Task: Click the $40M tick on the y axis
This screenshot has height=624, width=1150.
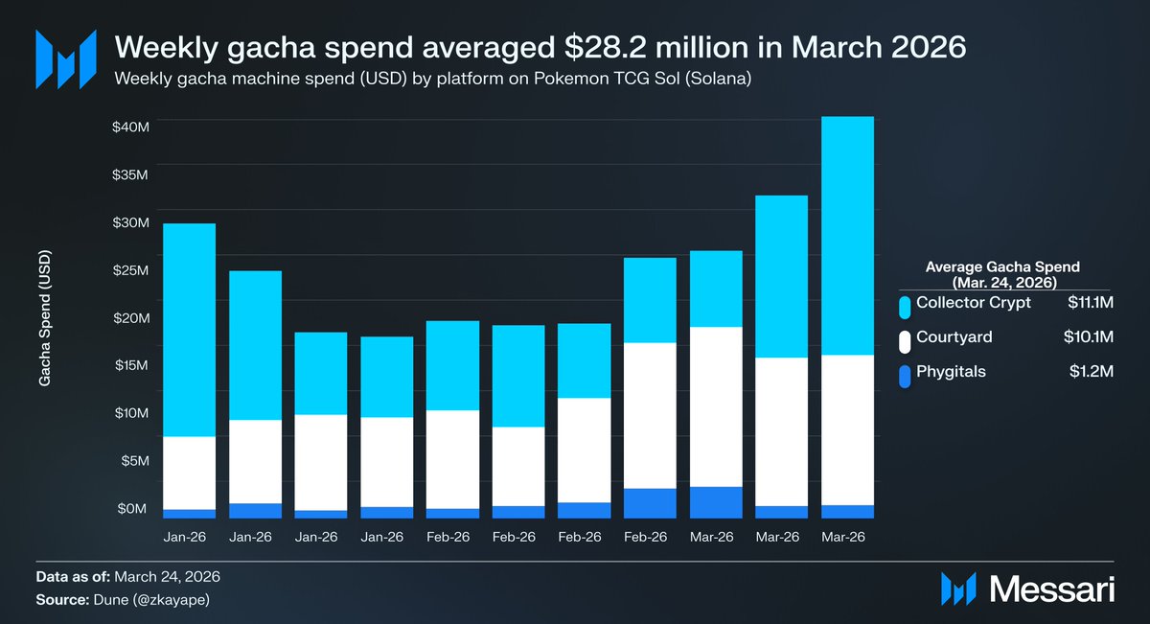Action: click(x=129, y=127)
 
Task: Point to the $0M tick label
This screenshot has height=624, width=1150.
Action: click(x=131, y=508)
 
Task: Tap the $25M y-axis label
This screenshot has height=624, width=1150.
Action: click(x=129, y=270)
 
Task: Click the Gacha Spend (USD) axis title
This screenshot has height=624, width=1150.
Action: click(x=45, y=319)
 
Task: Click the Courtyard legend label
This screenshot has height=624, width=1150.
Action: click(x=954, y=337)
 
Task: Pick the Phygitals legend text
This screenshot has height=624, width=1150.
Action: click(x=951, y=372)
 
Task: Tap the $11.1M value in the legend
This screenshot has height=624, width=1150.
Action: click(x=1091, y=303)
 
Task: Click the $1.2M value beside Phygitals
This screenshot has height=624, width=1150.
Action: click(x=1092, y=372)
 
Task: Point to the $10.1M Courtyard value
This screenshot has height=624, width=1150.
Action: click(x=1091, y=337)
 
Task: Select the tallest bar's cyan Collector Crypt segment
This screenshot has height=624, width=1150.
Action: click(x=847, y=235)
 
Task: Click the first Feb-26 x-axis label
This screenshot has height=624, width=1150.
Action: click(x=448, y=539)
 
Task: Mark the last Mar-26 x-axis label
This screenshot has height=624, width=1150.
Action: click(x=843, y=539)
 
